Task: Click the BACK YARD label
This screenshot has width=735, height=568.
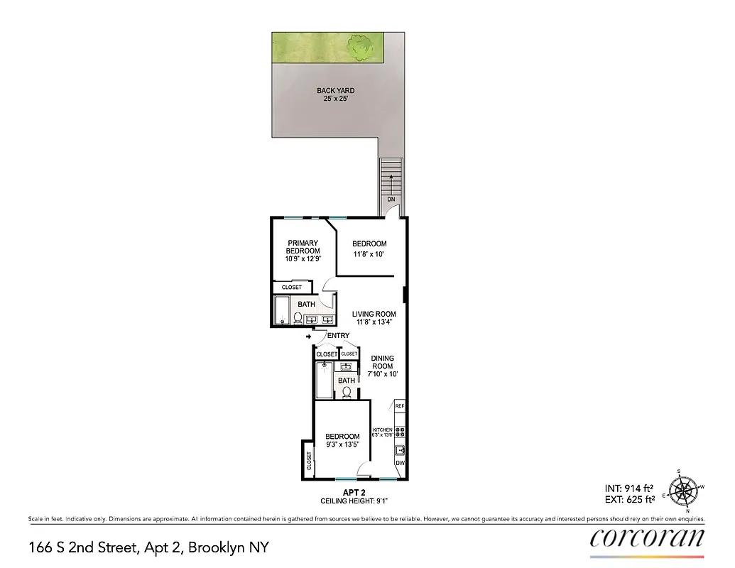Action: [335, 91]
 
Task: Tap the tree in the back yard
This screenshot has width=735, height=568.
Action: [361, 47]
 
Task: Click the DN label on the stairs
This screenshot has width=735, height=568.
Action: [391, 200]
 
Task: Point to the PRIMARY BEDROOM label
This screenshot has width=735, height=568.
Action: [303, 247]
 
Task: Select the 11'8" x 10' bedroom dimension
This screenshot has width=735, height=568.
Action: [369, 254]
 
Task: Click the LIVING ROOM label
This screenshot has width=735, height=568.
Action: [374, 314]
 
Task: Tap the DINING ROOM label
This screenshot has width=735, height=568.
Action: [382, 362]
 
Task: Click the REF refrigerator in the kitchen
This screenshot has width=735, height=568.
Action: [399, 406]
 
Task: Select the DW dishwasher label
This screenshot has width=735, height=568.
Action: [400, 463]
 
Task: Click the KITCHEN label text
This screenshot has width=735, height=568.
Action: [383, 430]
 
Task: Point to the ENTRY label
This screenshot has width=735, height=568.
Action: [338, 336]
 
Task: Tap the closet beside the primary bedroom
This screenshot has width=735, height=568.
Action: [292, 288]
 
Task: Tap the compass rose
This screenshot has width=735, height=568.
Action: [686, 490]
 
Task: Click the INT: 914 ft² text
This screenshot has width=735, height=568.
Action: [628, 488]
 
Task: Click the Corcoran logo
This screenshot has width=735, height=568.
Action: [647, 537]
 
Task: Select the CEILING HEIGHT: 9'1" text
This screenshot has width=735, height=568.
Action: [353, 500]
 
